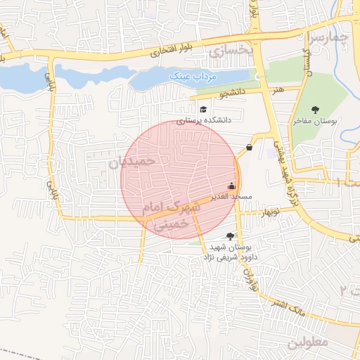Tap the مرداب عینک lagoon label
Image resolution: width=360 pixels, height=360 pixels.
click(194, 75)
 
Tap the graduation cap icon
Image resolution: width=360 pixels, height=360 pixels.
click(203, 110)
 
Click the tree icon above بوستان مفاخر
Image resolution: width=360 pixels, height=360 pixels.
click(314, 110)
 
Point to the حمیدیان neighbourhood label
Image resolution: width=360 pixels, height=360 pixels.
click(130, 162)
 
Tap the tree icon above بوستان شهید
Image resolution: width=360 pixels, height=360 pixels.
click(230, 237)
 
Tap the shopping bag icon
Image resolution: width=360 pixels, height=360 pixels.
click(250, 148)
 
